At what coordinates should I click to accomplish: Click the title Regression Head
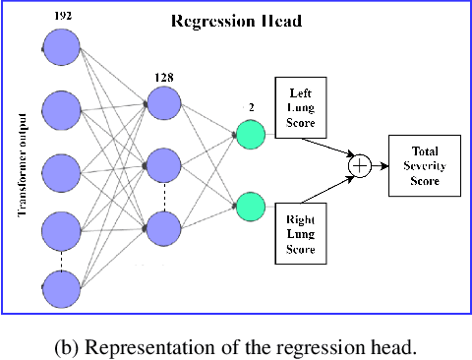(x=236, y=21)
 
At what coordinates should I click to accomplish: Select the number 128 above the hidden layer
(x=164, y=76)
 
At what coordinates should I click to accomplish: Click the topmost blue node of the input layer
(x=62, y=46)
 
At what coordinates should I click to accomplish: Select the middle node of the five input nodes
(x=62, y=167)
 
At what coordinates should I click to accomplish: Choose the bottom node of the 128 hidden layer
(x=164, y=228)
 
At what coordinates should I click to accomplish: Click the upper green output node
(x=251, y=134)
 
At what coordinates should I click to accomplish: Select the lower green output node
(x=251, y=206)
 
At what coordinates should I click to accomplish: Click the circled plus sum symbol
(x=360, y=166)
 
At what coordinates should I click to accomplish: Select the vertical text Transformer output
(x=21, y=167)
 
